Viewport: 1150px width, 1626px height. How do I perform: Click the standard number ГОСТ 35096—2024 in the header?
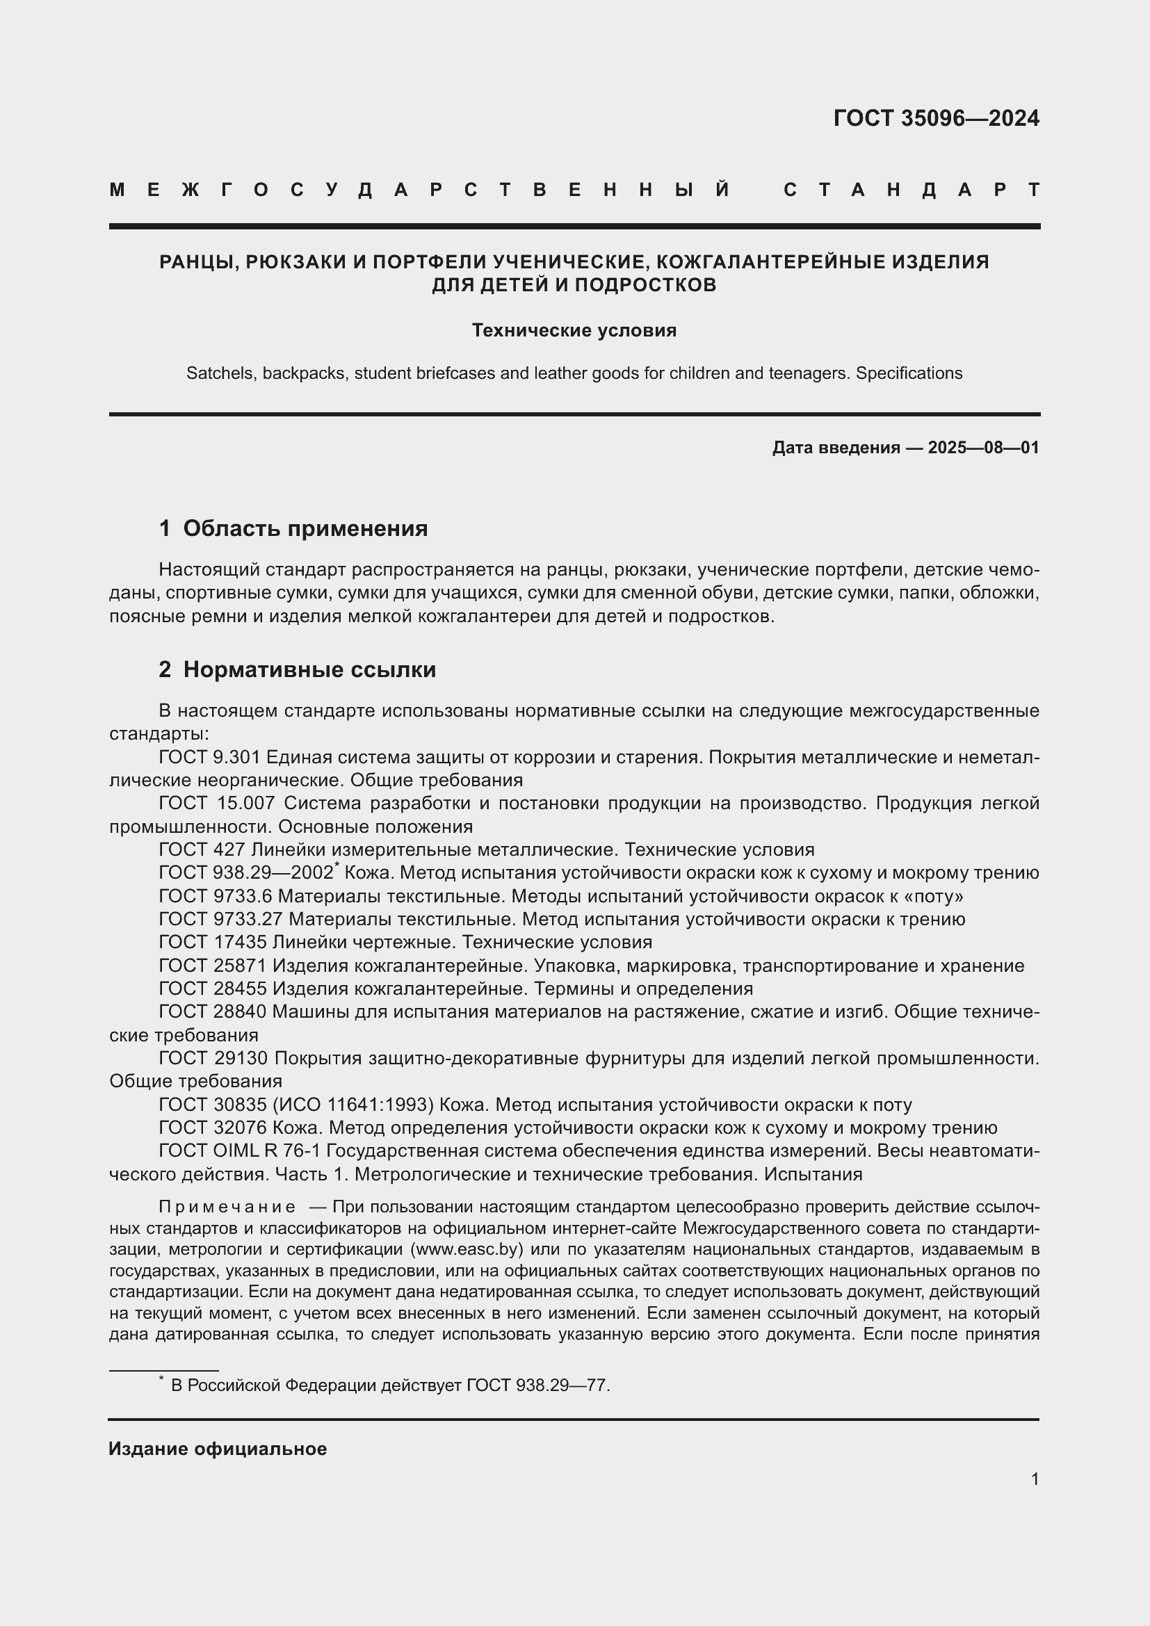[935, 118]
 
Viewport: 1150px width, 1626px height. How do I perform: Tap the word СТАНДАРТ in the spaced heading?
[911, 190]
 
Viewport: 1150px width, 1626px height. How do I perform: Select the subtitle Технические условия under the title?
[574, 331]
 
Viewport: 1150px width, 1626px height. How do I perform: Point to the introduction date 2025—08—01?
[983, 448]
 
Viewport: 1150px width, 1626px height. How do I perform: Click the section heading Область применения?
[305, 528]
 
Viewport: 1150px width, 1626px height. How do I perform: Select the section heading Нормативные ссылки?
[309, 669]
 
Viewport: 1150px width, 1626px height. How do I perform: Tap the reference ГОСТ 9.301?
[209, 757]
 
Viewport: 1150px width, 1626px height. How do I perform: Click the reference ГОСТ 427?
[202, 849]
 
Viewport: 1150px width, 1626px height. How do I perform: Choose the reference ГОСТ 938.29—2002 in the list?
[245, 872]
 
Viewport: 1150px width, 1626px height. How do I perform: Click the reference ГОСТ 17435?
[213, 942]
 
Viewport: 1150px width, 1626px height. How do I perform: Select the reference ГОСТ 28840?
[213, 1011]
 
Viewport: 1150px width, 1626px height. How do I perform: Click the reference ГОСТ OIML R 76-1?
[239, 1151]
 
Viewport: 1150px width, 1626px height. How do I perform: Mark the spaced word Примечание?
[227, 1207]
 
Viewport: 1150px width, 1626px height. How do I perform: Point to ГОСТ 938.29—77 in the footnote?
[537, 1385]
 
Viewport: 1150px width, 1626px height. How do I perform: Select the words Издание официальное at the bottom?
[218, 1449]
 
